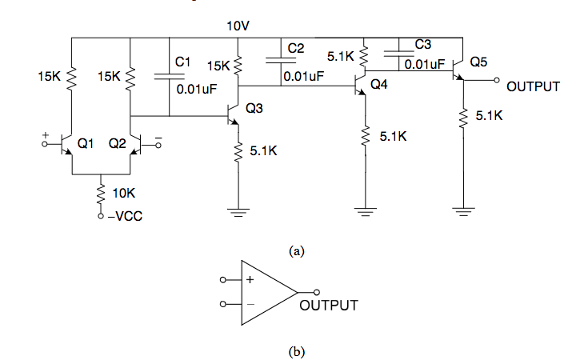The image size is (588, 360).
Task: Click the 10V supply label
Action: (x=238, y=26)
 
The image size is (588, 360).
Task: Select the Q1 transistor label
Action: (x=85, y=143)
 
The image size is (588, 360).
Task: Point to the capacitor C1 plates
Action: (x=169, y=77)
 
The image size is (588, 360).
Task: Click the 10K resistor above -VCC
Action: (x=101, y=194)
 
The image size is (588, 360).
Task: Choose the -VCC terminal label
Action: (x=126, y=216)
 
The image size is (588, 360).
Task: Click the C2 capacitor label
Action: (x=295, y=48)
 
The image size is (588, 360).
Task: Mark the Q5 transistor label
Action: (x=478, y=62)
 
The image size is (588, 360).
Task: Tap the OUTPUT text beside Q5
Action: (x=533, y=86)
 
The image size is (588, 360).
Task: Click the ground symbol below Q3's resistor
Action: (x=238, y=213)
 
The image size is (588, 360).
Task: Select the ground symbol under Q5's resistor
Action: (x=463, y=212)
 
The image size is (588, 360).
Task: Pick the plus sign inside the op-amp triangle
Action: (x=250, y=279)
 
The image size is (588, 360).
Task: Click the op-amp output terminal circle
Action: (x=317, y=292)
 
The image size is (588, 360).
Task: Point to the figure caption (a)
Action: (x=297, y=250)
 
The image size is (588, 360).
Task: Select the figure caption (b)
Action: (x=297, y=351)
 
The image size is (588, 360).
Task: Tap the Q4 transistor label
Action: (x=378, y=84)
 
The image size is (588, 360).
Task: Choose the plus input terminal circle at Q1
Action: (x=45, y=144)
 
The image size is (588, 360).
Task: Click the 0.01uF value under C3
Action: (x=425, y=64)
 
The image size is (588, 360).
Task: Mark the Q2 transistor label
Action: (x=118, y=143)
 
